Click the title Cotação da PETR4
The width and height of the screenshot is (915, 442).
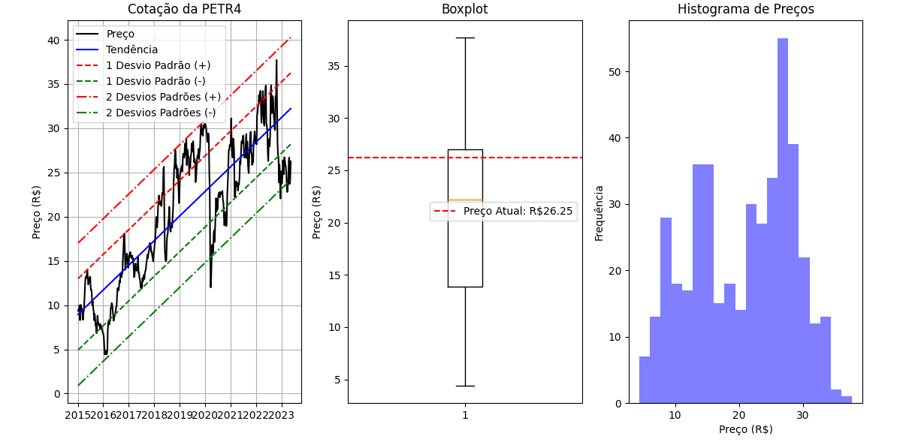coord(184,10)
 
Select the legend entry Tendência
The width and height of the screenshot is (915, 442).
coord(131,50)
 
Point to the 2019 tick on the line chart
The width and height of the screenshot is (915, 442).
coord(179,415)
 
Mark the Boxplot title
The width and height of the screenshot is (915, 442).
coord(464,10)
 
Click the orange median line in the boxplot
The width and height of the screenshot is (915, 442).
coord(465,200)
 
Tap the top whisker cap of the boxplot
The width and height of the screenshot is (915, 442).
coord(465,38)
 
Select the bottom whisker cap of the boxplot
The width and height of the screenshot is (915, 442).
coord(465,386)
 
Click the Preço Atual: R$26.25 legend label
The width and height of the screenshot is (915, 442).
coord(518,212)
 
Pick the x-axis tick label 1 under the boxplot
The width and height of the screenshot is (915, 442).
coord(465,415)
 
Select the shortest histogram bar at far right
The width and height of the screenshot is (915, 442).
coord(847,399)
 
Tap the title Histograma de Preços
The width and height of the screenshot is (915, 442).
coord(745,10)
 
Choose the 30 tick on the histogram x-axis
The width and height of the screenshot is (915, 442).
coord(803,415)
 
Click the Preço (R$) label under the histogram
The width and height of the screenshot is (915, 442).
coord(745,429)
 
